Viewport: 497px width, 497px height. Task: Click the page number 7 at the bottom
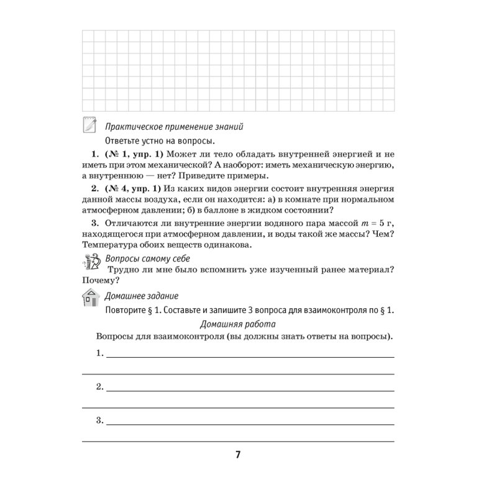(x=237, y=454)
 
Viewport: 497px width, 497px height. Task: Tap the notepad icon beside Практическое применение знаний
(x=90, y=125)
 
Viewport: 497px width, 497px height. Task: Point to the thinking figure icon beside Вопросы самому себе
(x=90, y=263)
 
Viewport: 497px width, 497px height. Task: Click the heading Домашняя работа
(x=239, y=324)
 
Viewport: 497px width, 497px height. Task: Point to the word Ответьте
(x=125, y=140)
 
